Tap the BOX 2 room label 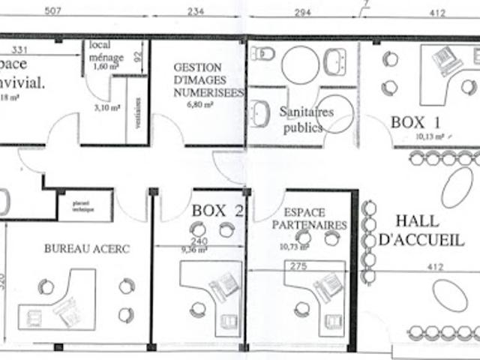pyautogui.click(x=217, y=211)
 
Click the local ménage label pyautogui.click(x=106, y=51)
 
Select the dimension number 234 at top pyautogui.click(x=196, y=11)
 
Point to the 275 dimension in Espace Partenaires pyautogui.click(x=299, y=265)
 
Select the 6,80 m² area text pyautogui.click(x=199, y=106)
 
